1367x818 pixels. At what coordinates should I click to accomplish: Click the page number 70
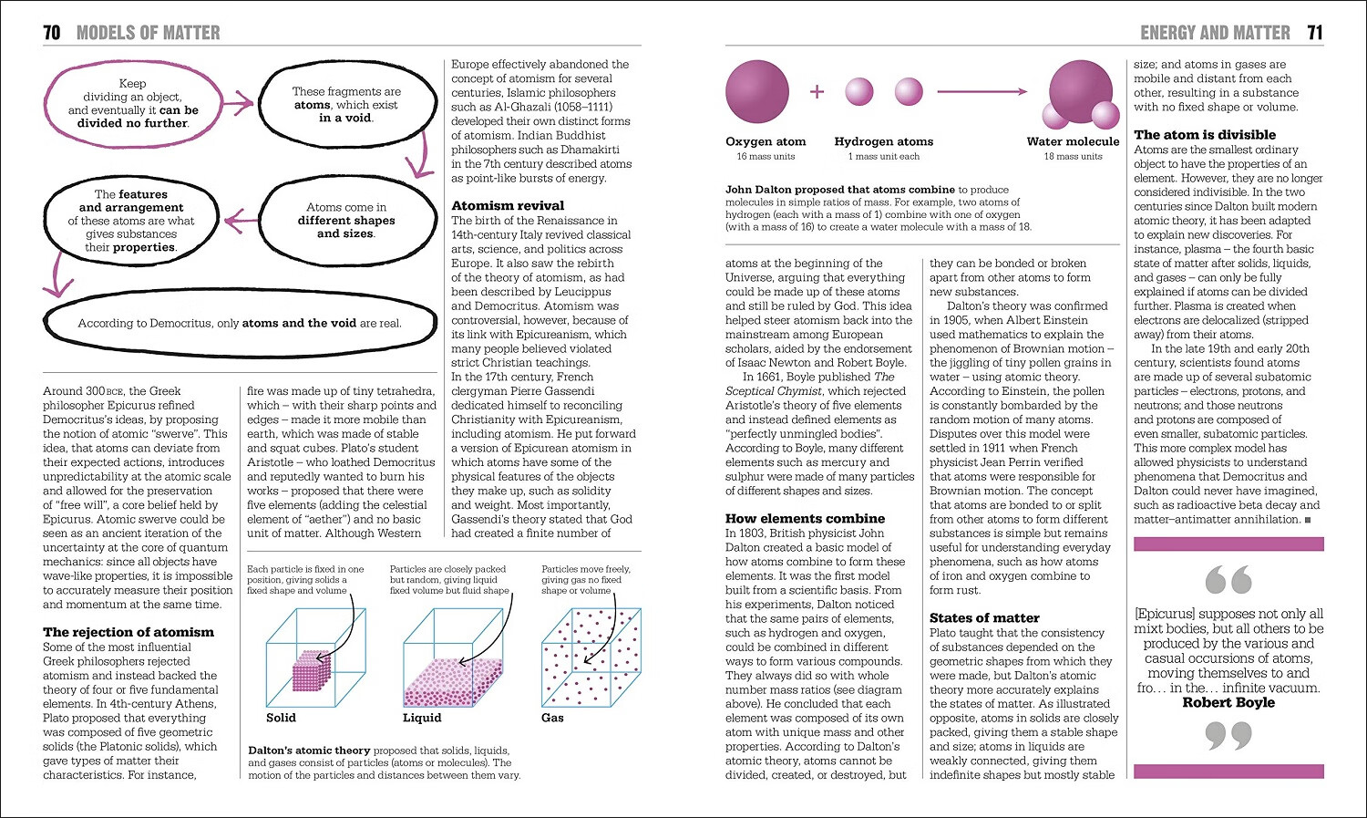pyautogui.click(x=52, y=33)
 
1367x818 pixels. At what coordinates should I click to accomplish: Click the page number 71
pyautogui.click(x=1314, y=33)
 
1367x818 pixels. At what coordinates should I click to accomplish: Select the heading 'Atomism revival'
pyautogui.click(x=508, y=205)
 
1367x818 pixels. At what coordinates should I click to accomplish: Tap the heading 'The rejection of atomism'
pyautogui.click(x=128, y=632)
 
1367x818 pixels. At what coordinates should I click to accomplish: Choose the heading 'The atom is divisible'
pyautogui.click(x=1205, y=134)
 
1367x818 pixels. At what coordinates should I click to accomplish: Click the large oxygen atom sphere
pyautogui.click(x=756, y=91)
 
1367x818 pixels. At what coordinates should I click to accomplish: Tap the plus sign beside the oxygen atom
pyautogui.click(x=817, y=91)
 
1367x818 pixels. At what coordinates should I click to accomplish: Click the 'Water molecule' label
pyautogui.click(x=1073, y=141)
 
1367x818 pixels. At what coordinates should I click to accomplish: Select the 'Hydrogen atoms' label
pyautogui.click(x=883, y=141)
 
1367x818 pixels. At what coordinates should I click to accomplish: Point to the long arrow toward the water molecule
pyautogui.click(x=982, y=91)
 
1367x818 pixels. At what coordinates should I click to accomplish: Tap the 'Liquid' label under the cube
pyautogui.click(x=422, y=718)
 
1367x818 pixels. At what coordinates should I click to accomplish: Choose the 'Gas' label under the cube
pyautogui.click(x=552, y=718)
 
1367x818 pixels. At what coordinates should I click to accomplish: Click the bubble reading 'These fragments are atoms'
pyautogui.click(x=346, y=105)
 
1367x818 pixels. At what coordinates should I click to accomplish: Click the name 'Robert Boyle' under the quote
pyautogui.click(x=1228, y=702)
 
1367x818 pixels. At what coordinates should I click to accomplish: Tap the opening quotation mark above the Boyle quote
pyautogui.click(x=1228, y=580)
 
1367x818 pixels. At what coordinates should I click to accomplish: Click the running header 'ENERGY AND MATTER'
pyautogui.click(x=1215, y=33)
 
